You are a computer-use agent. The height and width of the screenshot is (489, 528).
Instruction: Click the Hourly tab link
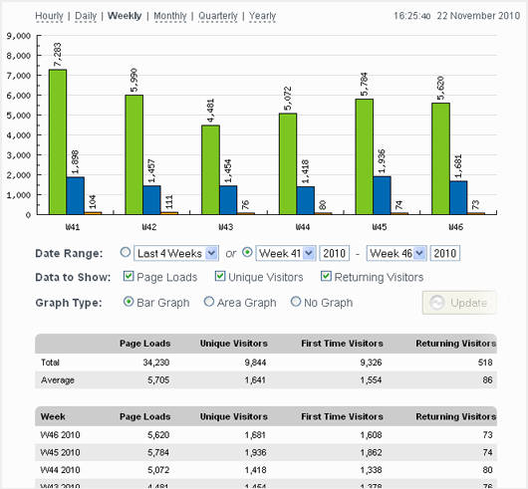pos(50,16)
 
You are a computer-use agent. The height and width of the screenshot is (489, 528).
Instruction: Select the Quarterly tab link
pos(217,16)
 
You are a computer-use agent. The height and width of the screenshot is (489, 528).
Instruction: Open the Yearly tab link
pos(263,16)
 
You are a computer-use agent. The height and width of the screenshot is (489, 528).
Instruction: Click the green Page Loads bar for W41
pos(58,140)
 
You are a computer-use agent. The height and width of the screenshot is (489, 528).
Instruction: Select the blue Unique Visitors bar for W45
pos(383,194)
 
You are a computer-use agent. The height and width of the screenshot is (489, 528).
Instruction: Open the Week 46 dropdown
pos(396,253)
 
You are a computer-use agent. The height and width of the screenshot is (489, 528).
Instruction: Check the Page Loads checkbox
pos(128,277)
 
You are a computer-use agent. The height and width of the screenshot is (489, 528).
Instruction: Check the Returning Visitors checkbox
pos(326,277)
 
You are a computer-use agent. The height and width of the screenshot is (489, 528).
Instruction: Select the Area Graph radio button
pos(208,302)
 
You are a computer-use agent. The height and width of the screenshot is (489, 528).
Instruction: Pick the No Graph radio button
pos(296,302)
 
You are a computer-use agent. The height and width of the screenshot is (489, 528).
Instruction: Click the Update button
pos(459,303)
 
